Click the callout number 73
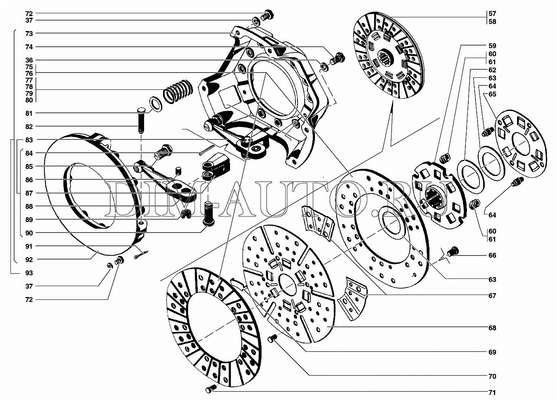(29, 33)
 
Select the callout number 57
(492, 14)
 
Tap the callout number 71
(492, 393)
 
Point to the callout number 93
(29, 273)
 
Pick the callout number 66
(492, 256)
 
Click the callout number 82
(29, 127)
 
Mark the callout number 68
(492, 328)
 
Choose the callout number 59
(492, 46)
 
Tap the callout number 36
(29, 60)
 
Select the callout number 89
(29, 220)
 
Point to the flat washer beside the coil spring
(155, 104)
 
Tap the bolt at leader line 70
(272, 339)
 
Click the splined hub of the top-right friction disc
(385, 55)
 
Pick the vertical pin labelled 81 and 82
(141, 120)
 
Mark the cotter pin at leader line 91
(141, 253)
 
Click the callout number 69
(492, 352)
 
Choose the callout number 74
(29, 47)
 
